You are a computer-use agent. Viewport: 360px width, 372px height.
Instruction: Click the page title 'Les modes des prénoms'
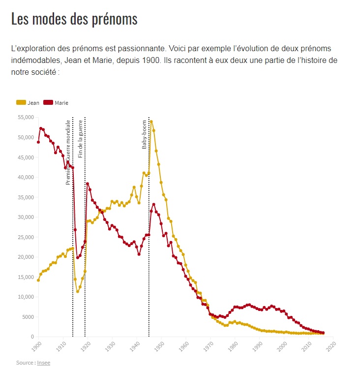74,19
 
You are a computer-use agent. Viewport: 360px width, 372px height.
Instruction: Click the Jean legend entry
28,103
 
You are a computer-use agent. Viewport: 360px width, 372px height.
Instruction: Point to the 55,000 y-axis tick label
25,117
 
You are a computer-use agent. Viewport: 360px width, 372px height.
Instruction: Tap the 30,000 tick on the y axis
25,217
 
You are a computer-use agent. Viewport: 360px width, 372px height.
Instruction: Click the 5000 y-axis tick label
27,317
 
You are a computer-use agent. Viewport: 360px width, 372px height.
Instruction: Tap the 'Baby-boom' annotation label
145,134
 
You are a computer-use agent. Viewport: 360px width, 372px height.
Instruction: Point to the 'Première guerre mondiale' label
68,152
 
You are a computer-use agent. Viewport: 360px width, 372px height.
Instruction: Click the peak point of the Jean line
151,122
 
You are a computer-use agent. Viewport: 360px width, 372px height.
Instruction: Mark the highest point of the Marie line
41,128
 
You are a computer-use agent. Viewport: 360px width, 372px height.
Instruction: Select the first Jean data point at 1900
38,280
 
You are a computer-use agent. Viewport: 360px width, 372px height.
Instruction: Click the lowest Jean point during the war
78,291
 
